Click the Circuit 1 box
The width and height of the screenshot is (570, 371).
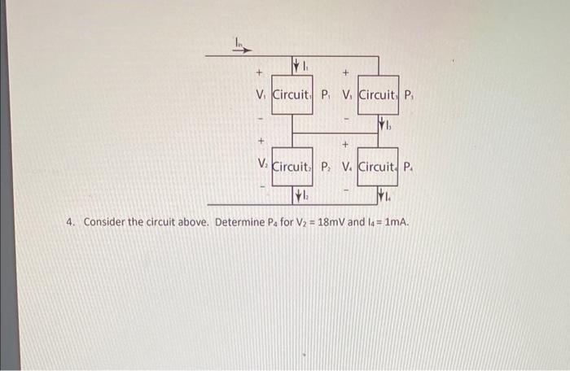[x=292, y=94]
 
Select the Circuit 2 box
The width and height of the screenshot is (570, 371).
[x=292, y=168]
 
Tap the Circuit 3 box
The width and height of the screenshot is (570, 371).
[x=377, y=94]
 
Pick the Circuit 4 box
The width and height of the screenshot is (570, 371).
[x=377, y=168]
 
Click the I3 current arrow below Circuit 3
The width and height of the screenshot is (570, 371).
[x=382, y=125]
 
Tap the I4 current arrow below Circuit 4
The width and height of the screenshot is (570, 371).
[x=382, y=196]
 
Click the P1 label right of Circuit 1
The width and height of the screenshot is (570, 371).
[x=326, y=94]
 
